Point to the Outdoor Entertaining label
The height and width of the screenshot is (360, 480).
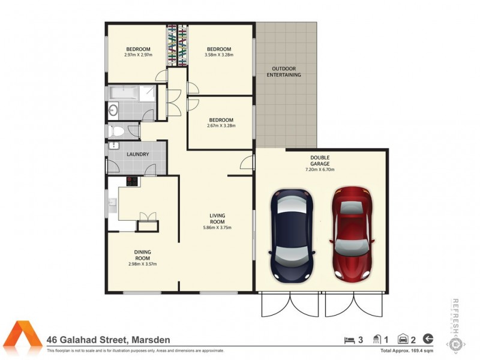(283, 71)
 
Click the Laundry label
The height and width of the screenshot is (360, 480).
(137, 155)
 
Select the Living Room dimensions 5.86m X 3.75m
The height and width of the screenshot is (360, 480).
(217, 227)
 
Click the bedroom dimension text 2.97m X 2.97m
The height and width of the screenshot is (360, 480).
(138, 55)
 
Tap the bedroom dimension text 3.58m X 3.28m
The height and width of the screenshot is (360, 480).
(219, 55)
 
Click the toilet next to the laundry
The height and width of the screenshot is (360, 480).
(117, 131)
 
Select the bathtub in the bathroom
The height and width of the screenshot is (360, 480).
(122, 92)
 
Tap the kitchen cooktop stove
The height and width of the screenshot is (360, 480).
(131, 182)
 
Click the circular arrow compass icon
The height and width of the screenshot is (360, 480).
(428, 338)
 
